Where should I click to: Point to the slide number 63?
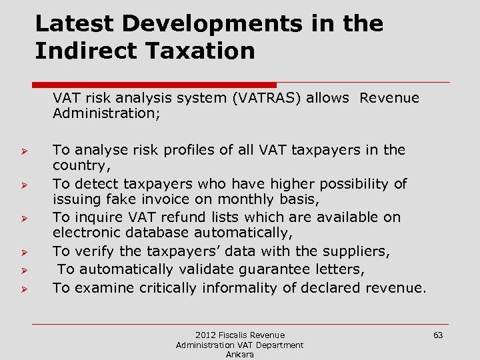[438, 335]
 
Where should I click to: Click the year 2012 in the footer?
[206, 335]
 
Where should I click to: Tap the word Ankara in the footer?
[239, 355]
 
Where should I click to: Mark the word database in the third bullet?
[160, 233]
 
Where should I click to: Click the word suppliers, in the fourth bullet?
[357, 251]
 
